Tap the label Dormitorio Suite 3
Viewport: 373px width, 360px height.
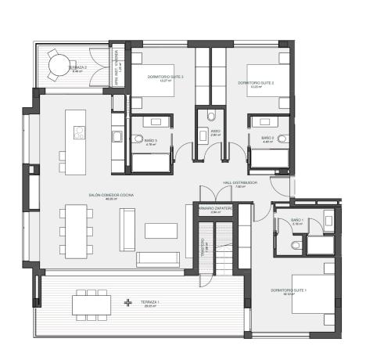[x=165, y=77]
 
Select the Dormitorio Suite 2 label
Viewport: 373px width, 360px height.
[x=255, y=84]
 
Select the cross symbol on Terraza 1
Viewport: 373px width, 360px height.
[x=128, y=303]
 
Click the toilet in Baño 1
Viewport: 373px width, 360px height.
[x=294, y=244]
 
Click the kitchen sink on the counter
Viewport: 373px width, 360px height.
[x=118, y=137]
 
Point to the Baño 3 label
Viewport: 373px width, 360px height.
[x=151, y=141]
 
